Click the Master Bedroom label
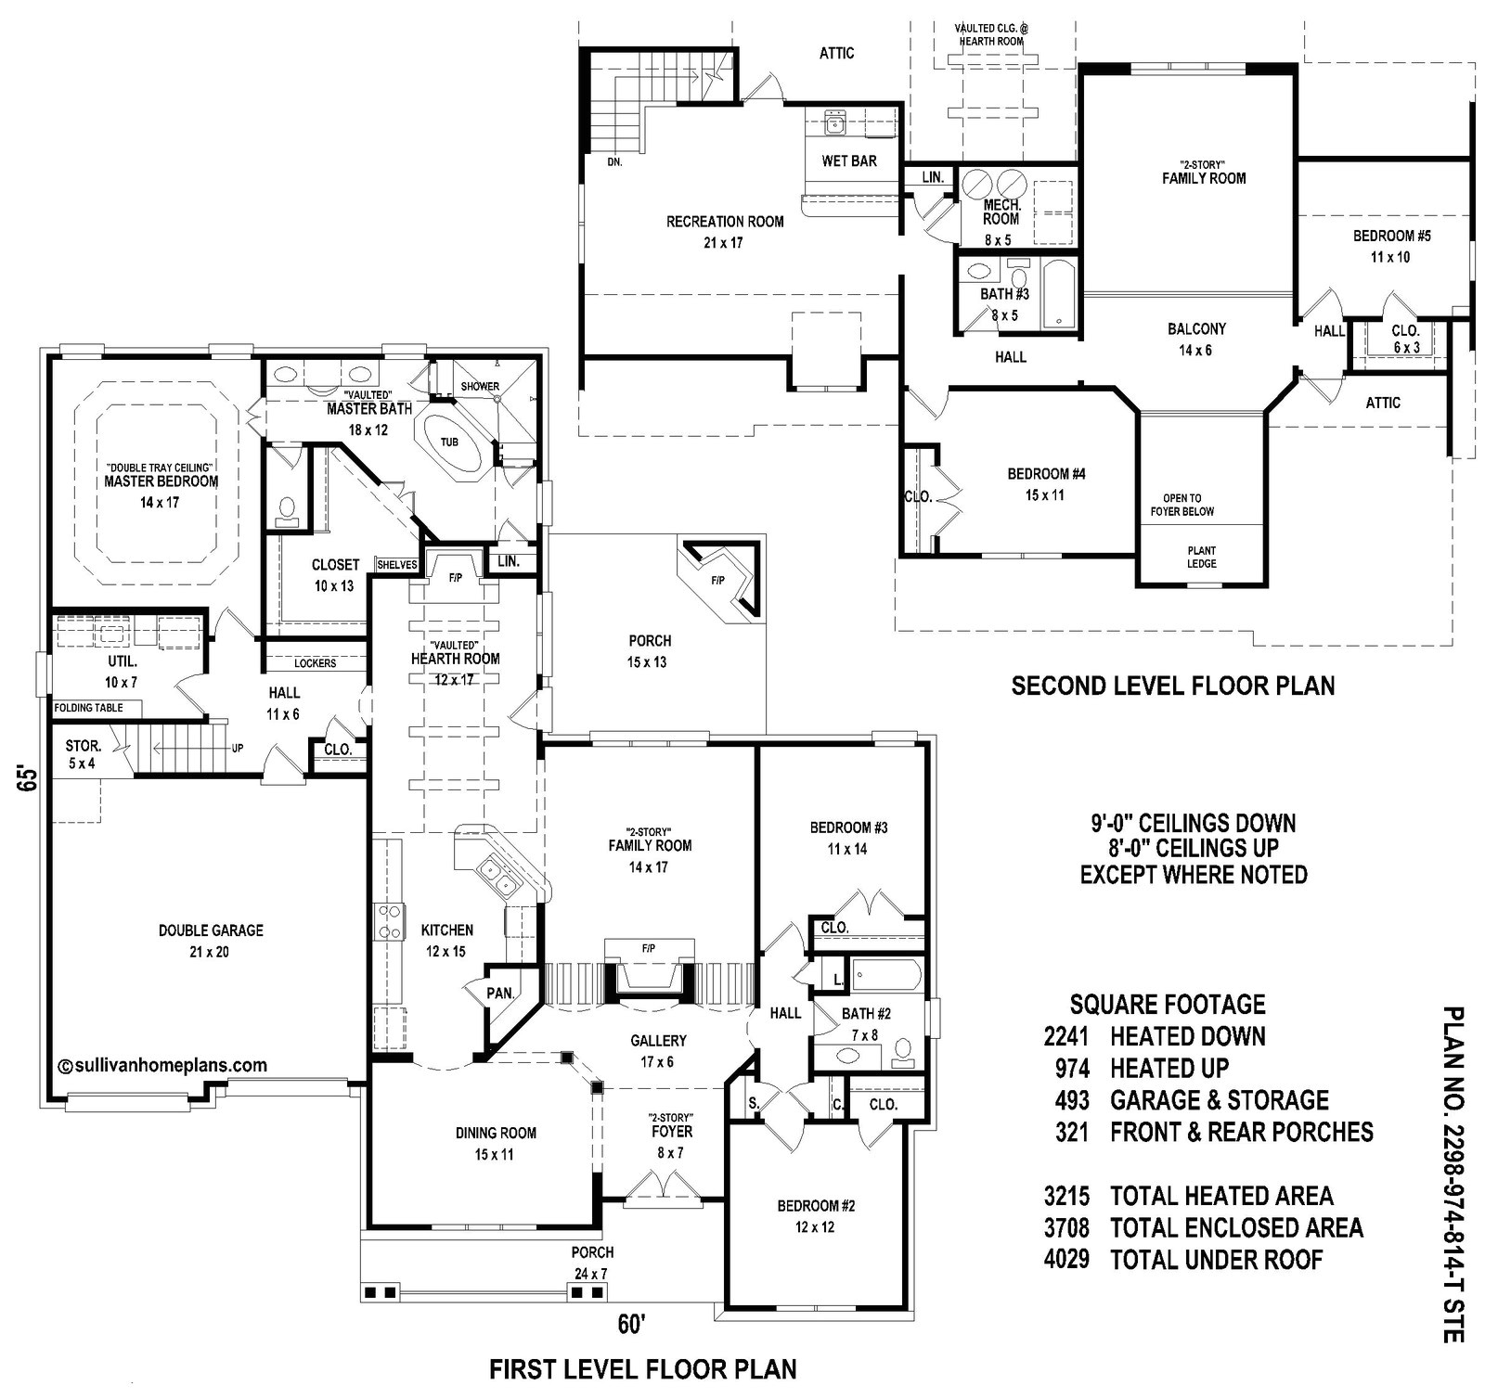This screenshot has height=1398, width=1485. tap(161, 481)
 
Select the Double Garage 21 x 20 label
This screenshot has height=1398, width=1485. tap(211, 930)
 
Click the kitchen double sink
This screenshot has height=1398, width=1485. tap(496, 877)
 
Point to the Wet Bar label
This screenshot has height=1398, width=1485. tap(848, 161)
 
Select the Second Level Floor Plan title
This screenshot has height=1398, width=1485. tap(1172, 686)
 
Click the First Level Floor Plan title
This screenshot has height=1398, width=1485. tap(642, 1369)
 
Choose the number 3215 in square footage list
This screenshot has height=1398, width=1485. tap(1066, 1196)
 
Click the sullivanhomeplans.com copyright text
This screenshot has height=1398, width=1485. tap(162, 1066)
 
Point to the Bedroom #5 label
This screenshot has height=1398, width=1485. tap(1391, 237)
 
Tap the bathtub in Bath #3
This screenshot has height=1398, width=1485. tap(1057, 293)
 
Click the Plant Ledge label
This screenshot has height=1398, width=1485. tap(1201, 557)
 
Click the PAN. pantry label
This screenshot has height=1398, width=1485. tap(500, 994)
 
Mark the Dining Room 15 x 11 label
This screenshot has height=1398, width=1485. tap(496, 1143)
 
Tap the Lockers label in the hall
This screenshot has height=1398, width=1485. tap(315, 663)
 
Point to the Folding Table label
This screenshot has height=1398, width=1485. tap(88, 708)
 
